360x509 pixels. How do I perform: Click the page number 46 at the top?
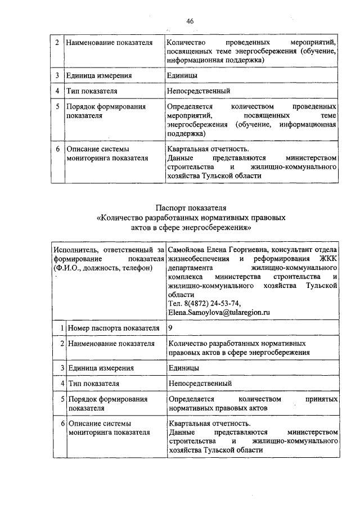pyautogui.click(x=190, y=21)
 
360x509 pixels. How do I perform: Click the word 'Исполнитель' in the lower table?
pyautogui.click(x=73, y=250)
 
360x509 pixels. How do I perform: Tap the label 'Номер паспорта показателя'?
pyautogui.click(x=110, y=327)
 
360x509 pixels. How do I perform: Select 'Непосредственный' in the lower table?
pyautogui.click(x=200, y=384)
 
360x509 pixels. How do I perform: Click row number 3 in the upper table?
pyautogui.click(x=57, y=75)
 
